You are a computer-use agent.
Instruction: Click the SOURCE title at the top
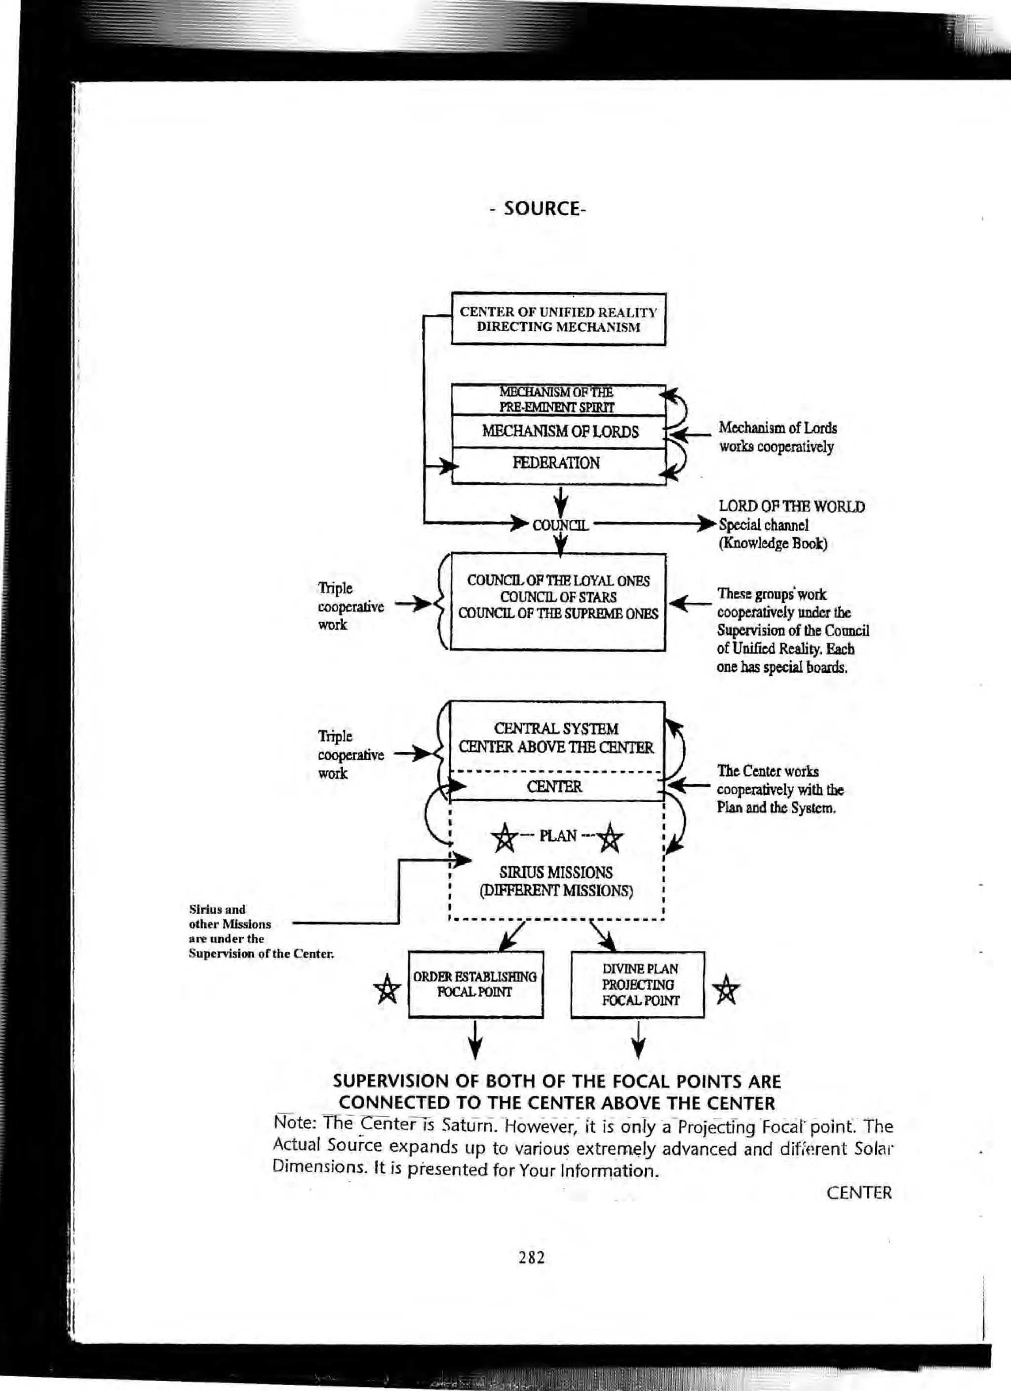click(x=538, y=208)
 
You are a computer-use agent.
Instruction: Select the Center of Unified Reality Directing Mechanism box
click(x=558, y=319)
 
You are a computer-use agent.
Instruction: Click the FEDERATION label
click(x=556, y=463)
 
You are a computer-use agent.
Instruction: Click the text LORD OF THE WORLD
click(x=791, y=506)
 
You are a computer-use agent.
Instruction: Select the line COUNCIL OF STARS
click(x=558, y=597)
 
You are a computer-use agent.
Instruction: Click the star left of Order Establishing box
click(x=387, y=989)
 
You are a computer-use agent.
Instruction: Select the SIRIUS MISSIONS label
click(x=556, y=872)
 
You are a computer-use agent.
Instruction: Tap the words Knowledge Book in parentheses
click(x=773, y=544)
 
